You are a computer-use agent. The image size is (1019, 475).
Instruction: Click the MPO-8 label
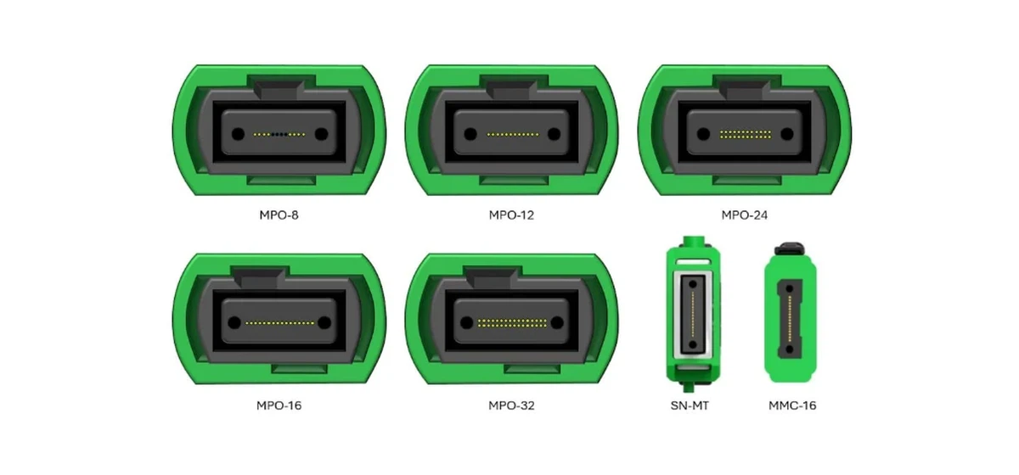[279, 215]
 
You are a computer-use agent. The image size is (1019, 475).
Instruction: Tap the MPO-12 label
[511, 215]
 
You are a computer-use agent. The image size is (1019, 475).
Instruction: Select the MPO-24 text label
[745, 215]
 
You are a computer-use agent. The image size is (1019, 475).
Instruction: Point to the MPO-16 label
[279, 405]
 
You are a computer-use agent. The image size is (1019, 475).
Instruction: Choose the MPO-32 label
[511, 405]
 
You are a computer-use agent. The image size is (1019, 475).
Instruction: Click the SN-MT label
[690, 405]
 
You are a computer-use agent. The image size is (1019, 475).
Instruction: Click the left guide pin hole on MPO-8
[238, 134]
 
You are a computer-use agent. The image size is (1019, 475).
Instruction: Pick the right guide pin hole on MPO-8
[320, 134]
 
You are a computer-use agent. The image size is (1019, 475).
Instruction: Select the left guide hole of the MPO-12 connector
[470, 134]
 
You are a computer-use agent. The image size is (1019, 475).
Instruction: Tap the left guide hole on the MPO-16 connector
[238, 323]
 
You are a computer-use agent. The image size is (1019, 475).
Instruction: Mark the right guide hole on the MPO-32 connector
[554, 323]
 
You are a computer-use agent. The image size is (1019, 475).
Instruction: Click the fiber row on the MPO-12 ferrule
[512, 134]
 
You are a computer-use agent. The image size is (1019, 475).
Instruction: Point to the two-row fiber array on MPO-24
[745, 134]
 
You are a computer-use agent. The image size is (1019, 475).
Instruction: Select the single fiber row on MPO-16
[279, 323]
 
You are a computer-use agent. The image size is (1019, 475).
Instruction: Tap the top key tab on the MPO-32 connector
[512, 277]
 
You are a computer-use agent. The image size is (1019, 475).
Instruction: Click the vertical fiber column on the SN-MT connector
[690, 314]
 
